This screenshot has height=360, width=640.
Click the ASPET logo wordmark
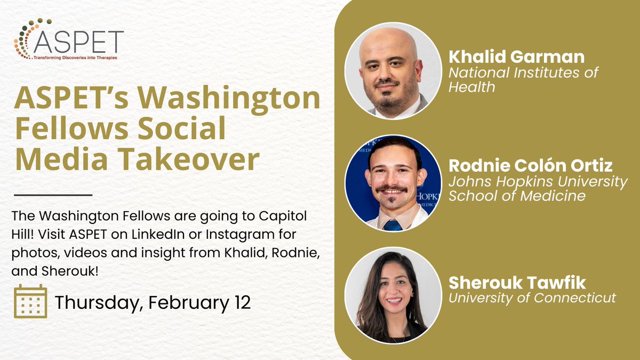[x=78, y=42]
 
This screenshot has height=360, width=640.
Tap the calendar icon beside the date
[x=30, y=301]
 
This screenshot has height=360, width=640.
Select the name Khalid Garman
[x=517, y=57]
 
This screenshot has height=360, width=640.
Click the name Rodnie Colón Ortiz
[x=531, y=165]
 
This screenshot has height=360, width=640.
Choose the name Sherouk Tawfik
[x=517, y=283]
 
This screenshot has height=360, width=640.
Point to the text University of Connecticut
[x=532, y=298]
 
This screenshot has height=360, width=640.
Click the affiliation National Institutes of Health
[x=523, y=79]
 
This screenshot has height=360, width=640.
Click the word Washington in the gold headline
[x=229, y=99]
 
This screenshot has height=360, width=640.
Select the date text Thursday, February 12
[x=153, y=302]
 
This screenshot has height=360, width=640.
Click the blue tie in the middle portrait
[x=393, y=225]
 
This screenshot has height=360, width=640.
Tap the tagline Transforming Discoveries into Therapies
[x=75, y=58]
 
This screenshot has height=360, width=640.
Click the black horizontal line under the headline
[x=53, y=195]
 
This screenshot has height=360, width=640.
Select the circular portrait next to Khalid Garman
[x=393, y=70]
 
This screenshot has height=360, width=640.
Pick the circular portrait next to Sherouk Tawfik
[x=393, y=295]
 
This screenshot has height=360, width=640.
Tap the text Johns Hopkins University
[x=538, y=182]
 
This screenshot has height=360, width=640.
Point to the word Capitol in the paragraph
[x=283, y=217]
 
